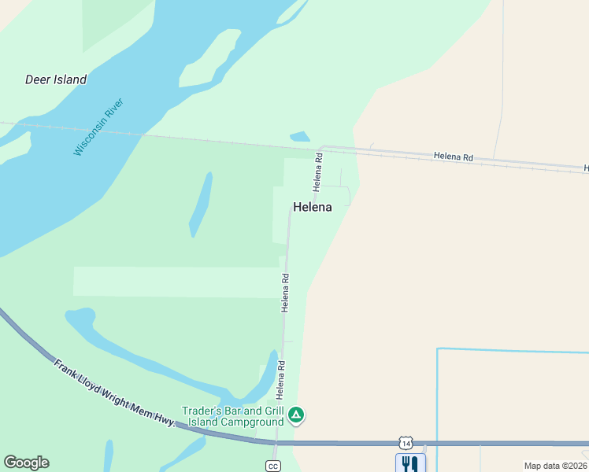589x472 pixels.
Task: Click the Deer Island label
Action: point(56,79)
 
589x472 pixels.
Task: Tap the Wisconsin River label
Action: point(99,127)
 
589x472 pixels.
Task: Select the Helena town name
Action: point(312,208)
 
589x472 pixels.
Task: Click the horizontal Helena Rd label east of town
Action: point(454,157)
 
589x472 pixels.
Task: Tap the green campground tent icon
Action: point(295,415)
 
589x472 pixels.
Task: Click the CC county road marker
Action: point(273,466)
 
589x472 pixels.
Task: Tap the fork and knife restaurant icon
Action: point(409,463)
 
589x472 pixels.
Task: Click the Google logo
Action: point(26,463)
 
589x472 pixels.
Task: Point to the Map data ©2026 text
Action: point(555,466)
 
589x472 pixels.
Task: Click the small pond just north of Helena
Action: point(300,137)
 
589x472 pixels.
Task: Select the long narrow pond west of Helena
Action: point(201,204)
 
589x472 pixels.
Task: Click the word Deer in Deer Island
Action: point(39,79)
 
